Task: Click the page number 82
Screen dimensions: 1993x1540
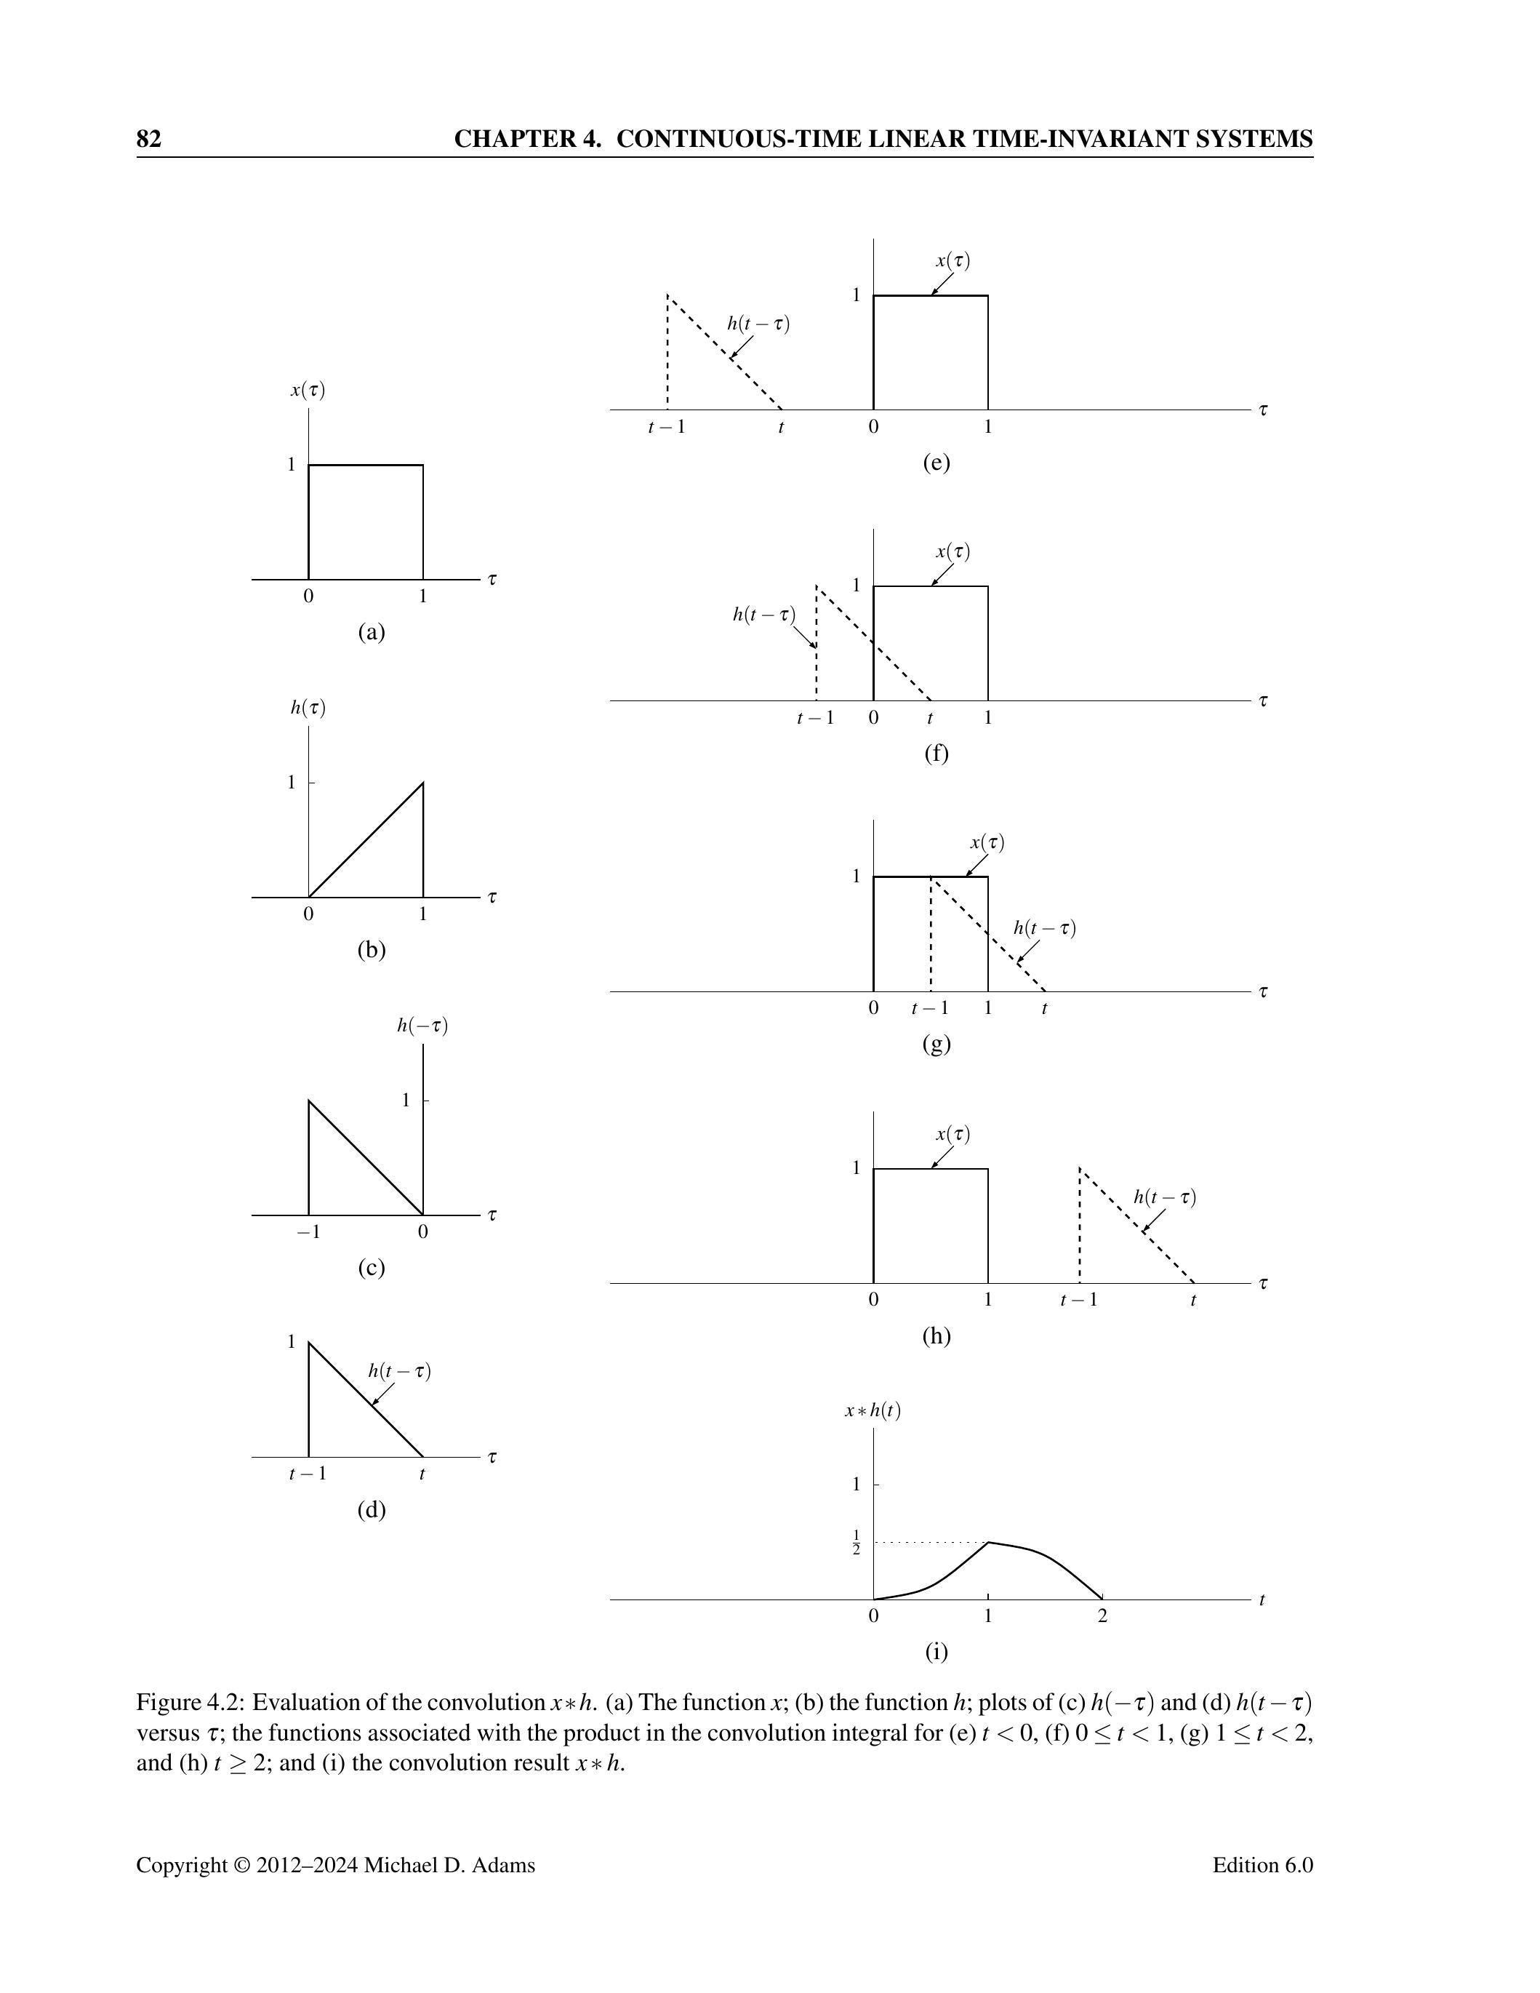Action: pos(149,139)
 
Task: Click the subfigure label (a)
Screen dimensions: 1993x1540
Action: pos(372,631)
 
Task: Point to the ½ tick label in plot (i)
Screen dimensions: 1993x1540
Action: pos(856,1542)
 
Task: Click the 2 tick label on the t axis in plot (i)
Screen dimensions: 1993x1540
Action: pos(1102,1616)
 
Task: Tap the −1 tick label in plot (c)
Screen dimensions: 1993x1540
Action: pos(308,1232)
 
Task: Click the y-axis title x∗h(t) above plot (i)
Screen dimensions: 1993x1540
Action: pos(873,1410)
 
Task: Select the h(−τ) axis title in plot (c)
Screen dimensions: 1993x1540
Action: pos(422,1026)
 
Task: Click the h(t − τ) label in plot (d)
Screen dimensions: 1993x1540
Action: pos(400,1370)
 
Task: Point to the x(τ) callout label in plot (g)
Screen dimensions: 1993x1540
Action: pos(987,842)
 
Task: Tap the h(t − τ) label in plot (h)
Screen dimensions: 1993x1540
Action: pos(1164,1197)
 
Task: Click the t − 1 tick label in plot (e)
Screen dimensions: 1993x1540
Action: pos(666,426)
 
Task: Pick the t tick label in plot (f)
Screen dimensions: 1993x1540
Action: pos(930,718)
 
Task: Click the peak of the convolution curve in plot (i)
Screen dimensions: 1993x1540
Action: pos(989,1542)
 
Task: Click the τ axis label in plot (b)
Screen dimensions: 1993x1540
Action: pos(493,897)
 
